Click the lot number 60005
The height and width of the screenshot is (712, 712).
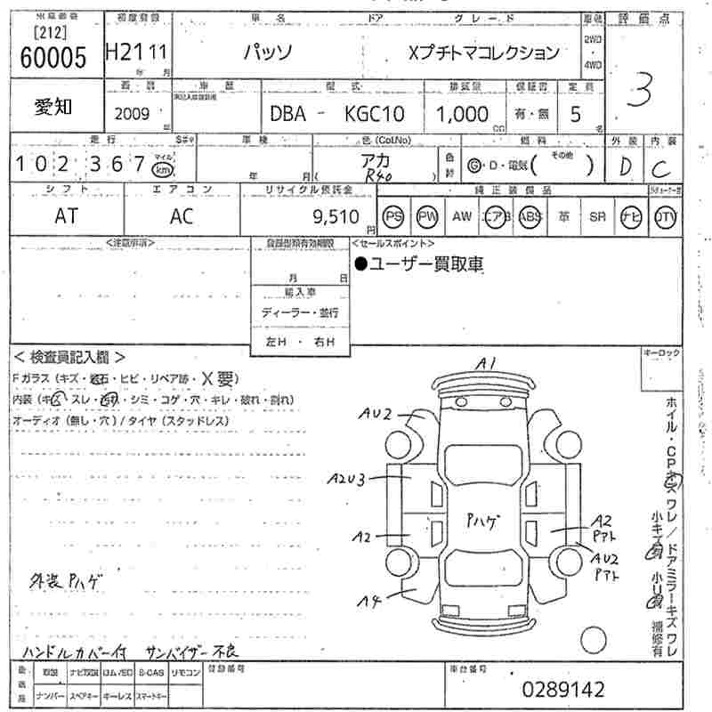(x=53, y=58)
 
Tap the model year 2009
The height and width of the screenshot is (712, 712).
(x=132, y=114)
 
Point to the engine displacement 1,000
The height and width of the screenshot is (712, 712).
(x=462, y=114)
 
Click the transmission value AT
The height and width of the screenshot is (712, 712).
(x=65, y=215)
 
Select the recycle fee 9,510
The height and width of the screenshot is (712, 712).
(x=336, y=215)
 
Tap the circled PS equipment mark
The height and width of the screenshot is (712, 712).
(x=393, y=215)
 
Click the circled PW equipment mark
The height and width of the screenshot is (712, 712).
(x=428, y=215)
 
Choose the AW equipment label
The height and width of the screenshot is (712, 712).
(x=462, y=215)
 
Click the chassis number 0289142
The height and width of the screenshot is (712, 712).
(x=562, y=689)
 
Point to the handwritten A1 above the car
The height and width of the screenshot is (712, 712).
(x=485, y=363)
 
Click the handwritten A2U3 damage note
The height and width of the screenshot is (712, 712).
(x=345, y=480)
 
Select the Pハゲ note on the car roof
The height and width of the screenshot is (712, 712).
(x=483, y=522)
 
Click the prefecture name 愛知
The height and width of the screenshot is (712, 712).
(x=53, y=107)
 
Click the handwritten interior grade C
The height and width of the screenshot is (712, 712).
(x=661, y=166)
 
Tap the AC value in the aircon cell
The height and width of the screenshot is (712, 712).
(x=182, y=215)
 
